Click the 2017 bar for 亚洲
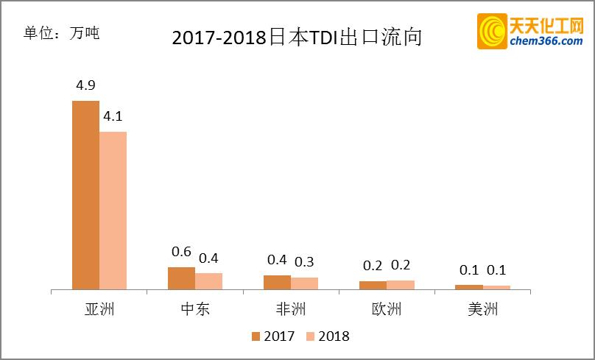point(85,195)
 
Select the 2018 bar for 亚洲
point(113,211)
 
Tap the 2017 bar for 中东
point(181,278)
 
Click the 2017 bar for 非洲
point(277,282)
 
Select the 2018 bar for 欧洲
point(400,285)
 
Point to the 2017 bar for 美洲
point(468,286)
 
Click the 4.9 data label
point(86,85)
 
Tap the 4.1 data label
point(113,116)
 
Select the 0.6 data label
point(181,252)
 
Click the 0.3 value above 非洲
point(304,262)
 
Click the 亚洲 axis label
point(99,308)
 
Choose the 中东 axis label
point(194,308)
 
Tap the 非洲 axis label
point(290,308)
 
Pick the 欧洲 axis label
point(386,308)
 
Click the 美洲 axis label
point(482,308)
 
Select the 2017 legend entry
point(273,336)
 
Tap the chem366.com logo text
point(546,41)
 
